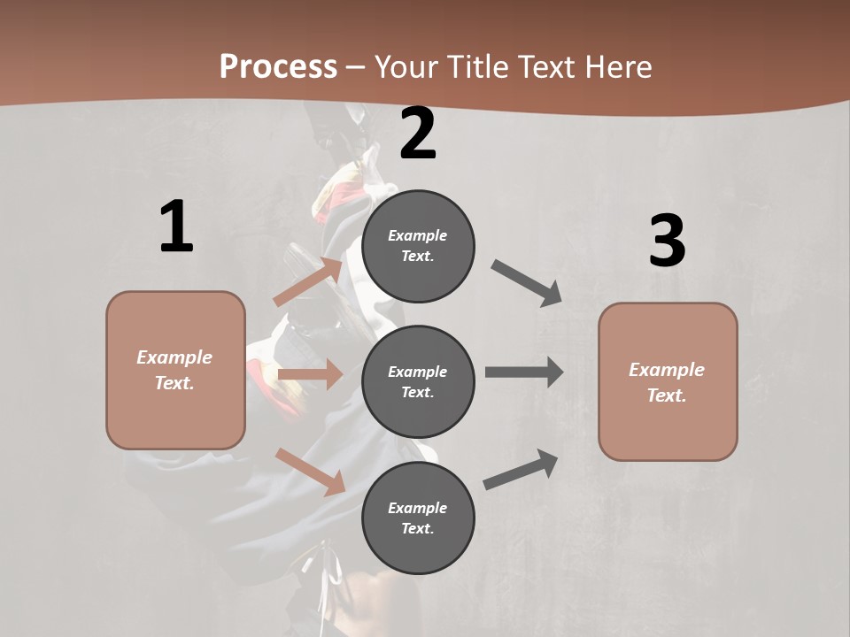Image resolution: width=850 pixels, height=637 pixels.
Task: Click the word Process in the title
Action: (x=278, y=66)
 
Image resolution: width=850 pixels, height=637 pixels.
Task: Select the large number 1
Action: (x=176, y=227)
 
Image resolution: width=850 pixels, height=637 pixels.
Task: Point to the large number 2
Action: (x=418, y=134)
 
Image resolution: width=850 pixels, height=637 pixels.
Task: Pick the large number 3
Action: (x=667, y=241)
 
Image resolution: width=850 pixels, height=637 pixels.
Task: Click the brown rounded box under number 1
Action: (x=175, y=370)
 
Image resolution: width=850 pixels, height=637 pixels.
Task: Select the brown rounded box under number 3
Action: (x=668, y=382)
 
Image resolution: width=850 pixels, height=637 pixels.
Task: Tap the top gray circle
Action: (x=418, y=246)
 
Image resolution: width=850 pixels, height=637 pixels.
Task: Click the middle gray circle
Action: (x=418, y=382)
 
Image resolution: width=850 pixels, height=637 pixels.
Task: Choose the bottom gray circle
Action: (x=418, y=518)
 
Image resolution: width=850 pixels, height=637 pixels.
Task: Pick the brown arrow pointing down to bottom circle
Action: (x=310, y=471)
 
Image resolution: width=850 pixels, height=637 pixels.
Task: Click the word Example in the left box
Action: (x=174, y=357)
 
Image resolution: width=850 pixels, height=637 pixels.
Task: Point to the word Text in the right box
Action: (x=666, y=395)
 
